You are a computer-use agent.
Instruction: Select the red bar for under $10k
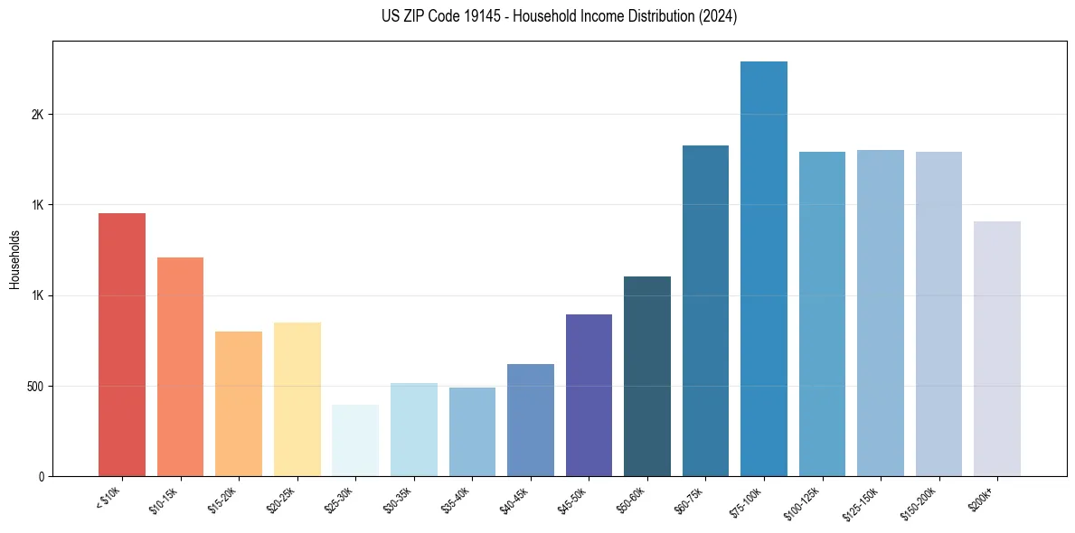[122, 344]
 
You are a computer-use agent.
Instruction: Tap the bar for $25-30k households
[355, 440]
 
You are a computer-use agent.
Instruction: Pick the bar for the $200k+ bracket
[997, 349]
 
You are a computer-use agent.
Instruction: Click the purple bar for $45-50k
[589, 395]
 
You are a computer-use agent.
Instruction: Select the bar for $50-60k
[647, 376]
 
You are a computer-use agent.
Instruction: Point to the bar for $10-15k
[180, 367]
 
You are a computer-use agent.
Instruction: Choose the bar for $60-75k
[705, 311]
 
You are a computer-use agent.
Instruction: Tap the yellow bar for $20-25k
[297, 399]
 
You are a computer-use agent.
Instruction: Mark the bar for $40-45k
[531, 420]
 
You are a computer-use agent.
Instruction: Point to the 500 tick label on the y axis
[35, 386]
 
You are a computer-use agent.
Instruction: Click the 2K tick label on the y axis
[37, 115]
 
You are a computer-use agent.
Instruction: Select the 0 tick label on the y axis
[41, 476]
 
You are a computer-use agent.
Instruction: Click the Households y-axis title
[14, 258]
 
